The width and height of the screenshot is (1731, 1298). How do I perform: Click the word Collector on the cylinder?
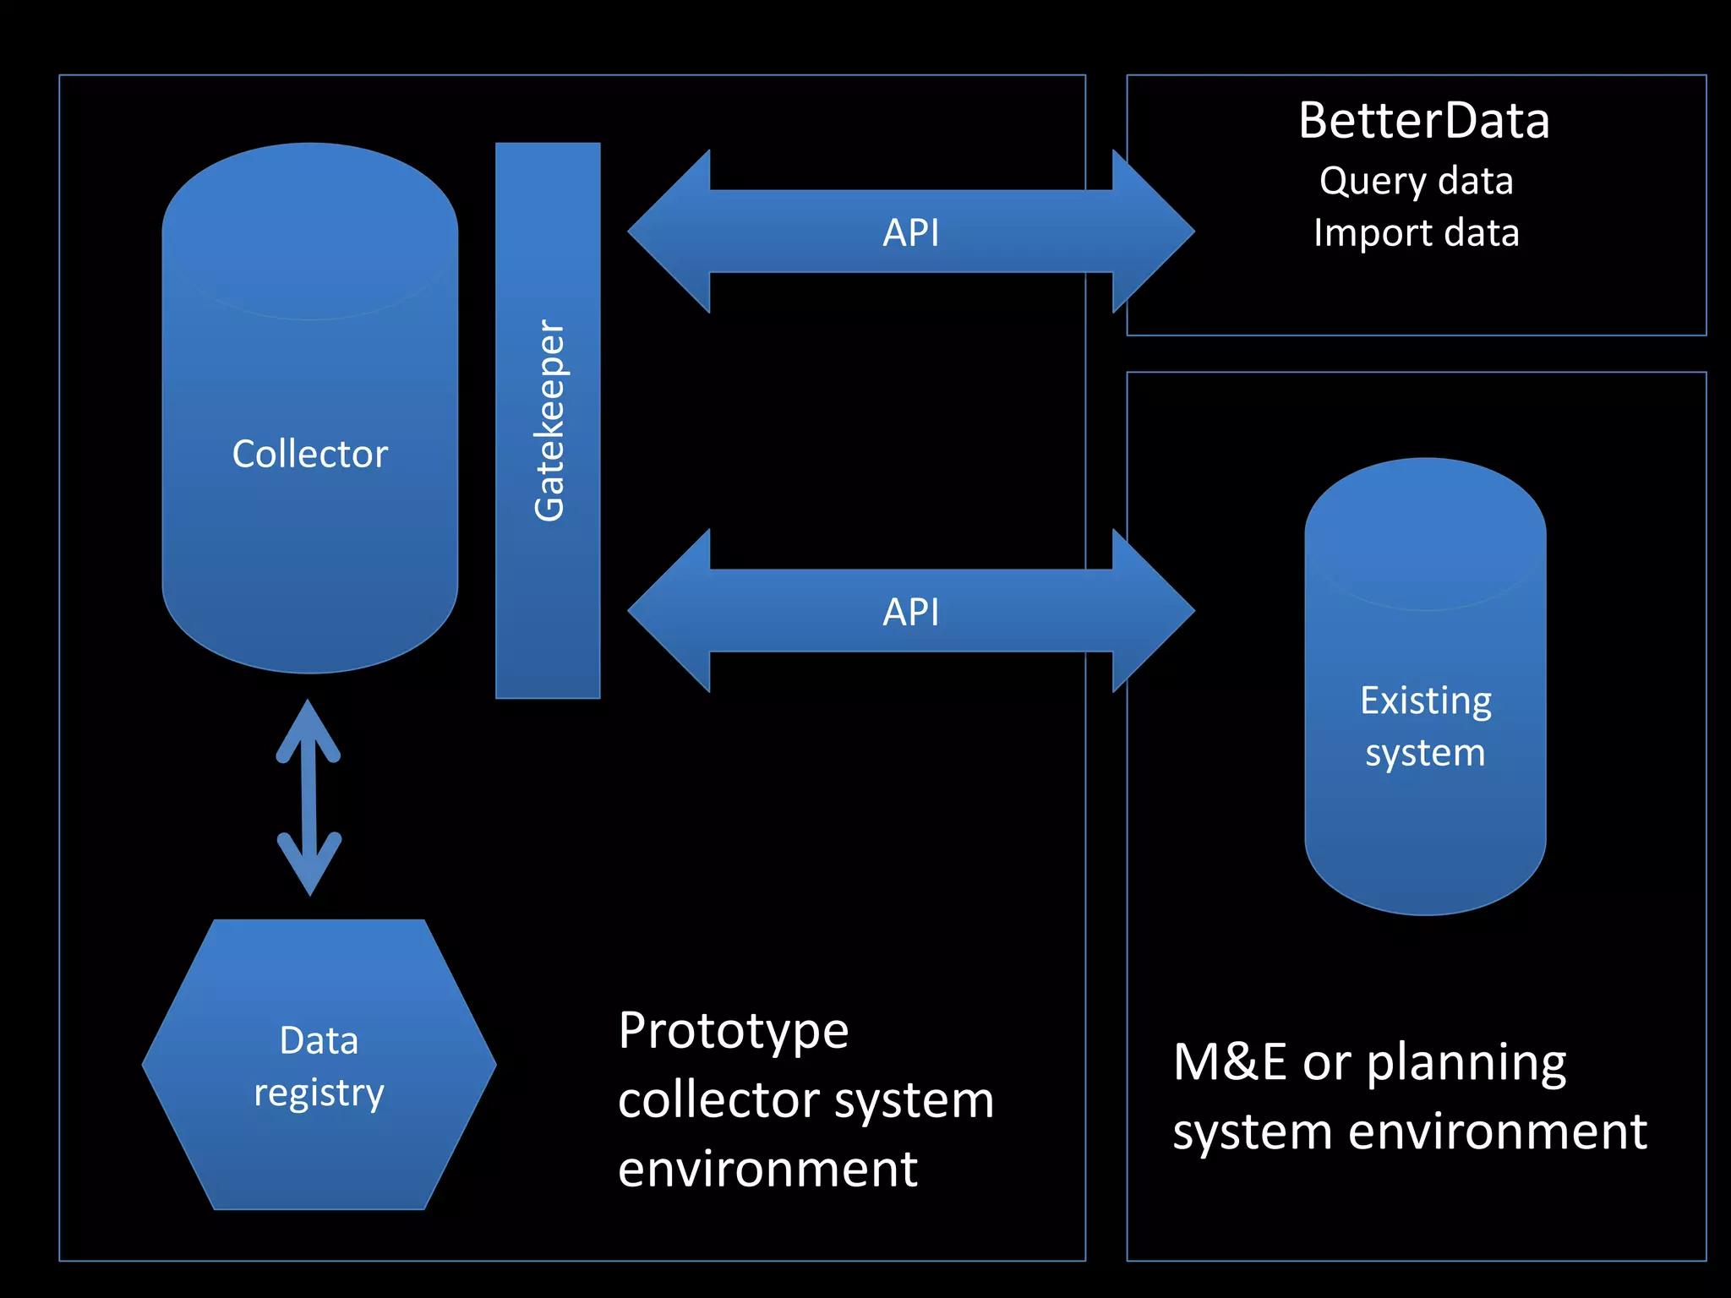(310, 455)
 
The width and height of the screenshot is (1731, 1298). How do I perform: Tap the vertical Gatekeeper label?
(549, 420)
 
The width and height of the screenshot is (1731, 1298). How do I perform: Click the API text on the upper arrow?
(910, 232)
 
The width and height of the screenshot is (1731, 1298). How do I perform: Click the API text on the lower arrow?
(910, 612)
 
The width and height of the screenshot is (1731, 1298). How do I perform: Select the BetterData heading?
(1423, 121)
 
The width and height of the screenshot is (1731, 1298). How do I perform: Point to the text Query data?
(1416, 182)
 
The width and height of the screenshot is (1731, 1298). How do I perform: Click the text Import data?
(1416, 233)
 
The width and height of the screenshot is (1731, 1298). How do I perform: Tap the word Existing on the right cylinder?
(1425, 701)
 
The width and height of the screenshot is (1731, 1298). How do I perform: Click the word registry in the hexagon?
(319, 1093)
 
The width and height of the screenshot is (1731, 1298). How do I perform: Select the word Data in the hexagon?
(319, 1040)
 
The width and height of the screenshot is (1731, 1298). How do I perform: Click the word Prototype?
(733, 1031)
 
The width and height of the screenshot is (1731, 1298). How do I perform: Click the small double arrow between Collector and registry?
(309, 797)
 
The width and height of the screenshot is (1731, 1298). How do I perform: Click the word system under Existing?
(1425, 753)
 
